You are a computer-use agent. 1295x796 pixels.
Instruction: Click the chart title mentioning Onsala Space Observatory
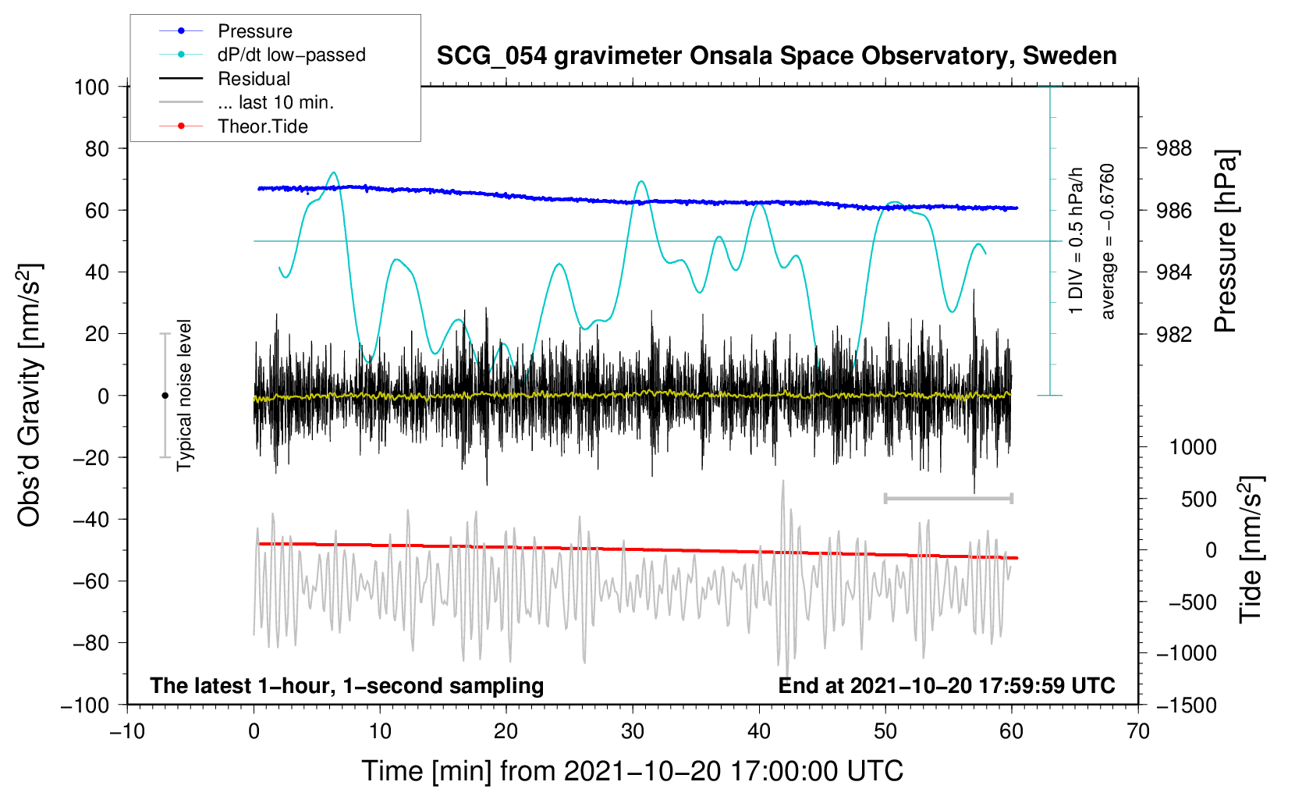(x=776, y=56)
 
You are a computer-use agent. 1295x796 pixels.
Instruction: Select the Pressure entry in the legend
(x=254, y=31)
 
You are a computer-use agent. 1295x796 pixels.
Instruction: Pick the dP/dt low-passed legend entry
(x=291, y=55)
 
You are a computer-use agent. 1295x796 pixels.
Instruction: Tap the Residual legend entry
(x=254, y=79)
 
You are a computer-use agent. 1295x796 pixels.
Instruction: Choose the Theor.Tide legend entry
(x=262, y=126)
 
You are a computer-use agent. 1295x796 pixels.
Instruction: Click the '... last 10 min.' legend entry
(x=275, y=102)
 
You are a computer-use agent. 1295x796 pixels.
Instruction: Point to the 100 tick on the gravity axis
(x=91, y=87)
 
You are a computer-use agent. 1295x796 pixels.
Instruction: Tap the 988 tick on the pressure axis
(x=1175, y=148)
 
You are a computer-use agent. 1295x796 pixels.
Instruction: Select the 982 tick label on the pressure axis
(x=1175, y=334)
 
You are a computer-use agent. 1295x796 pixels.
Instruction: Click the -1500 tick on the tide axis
(x=1187, y=705)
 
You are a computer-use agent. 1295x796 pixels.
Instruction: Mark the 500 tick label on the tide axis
(x=1198, y=499)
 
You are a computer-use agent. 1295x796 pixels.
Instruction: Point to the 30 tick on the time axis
(x=633, y=731)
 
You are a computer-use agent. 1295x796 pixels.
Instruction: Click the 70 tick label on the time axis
(x=1138, y=731)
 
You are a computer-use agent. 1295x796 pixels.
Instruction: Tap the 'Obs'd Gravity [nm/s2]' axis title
(x=30, y=395)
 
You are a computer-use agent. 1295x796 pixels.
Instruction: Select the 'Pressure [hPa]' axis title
(x=1226, y=242)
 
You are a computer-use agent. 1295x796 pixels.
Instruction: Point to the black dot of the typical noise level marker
(x=165, y=396)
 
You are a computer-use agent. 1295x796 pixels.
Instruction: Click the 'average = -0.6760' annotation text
(x=1108, y=242)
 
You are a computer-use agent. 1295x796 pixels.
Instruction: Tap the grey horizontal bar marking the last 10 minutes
(x=948, y=498)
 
